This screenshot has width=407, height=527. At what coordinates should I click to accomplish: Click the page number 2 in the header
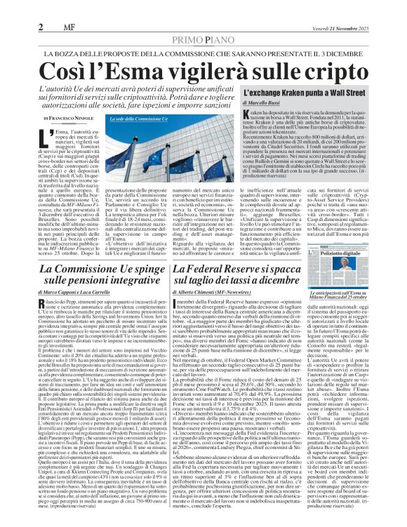[41, 27]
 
